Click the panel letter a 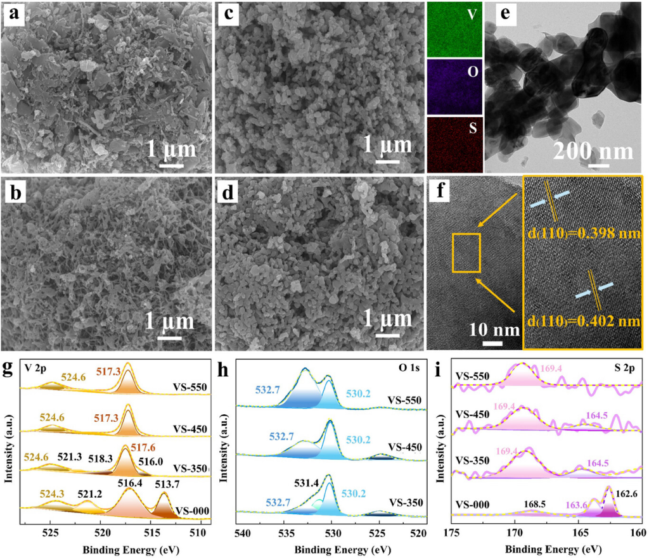tap(13, 15)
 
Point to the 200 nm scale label tap(592, 151)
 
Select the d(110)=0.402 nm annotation tap(581, 321)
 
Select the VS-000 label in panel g tap(193, 510)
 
